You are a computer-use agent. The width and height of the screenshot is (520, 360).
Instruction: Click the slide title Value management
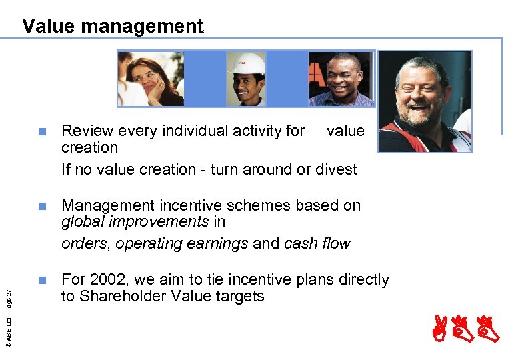(113, 26)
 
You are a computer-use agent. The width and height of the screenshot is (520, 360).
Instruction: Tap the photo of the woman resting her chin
(151, 79)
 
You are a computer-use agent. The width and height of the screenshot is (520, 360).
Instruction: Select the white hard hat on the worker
(247, 63)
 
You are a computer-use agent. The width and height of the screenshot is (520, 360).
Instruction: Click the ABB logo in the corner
(475, 331)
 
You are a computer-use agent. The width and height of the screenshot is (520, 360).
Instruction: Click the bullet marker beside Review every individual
(42, 131)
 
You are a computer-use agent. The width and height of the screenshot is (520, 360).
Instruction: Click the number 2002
(103, 279)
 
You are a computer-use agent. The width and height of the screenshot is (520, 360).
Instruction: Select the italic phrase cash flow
(317, 243)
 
